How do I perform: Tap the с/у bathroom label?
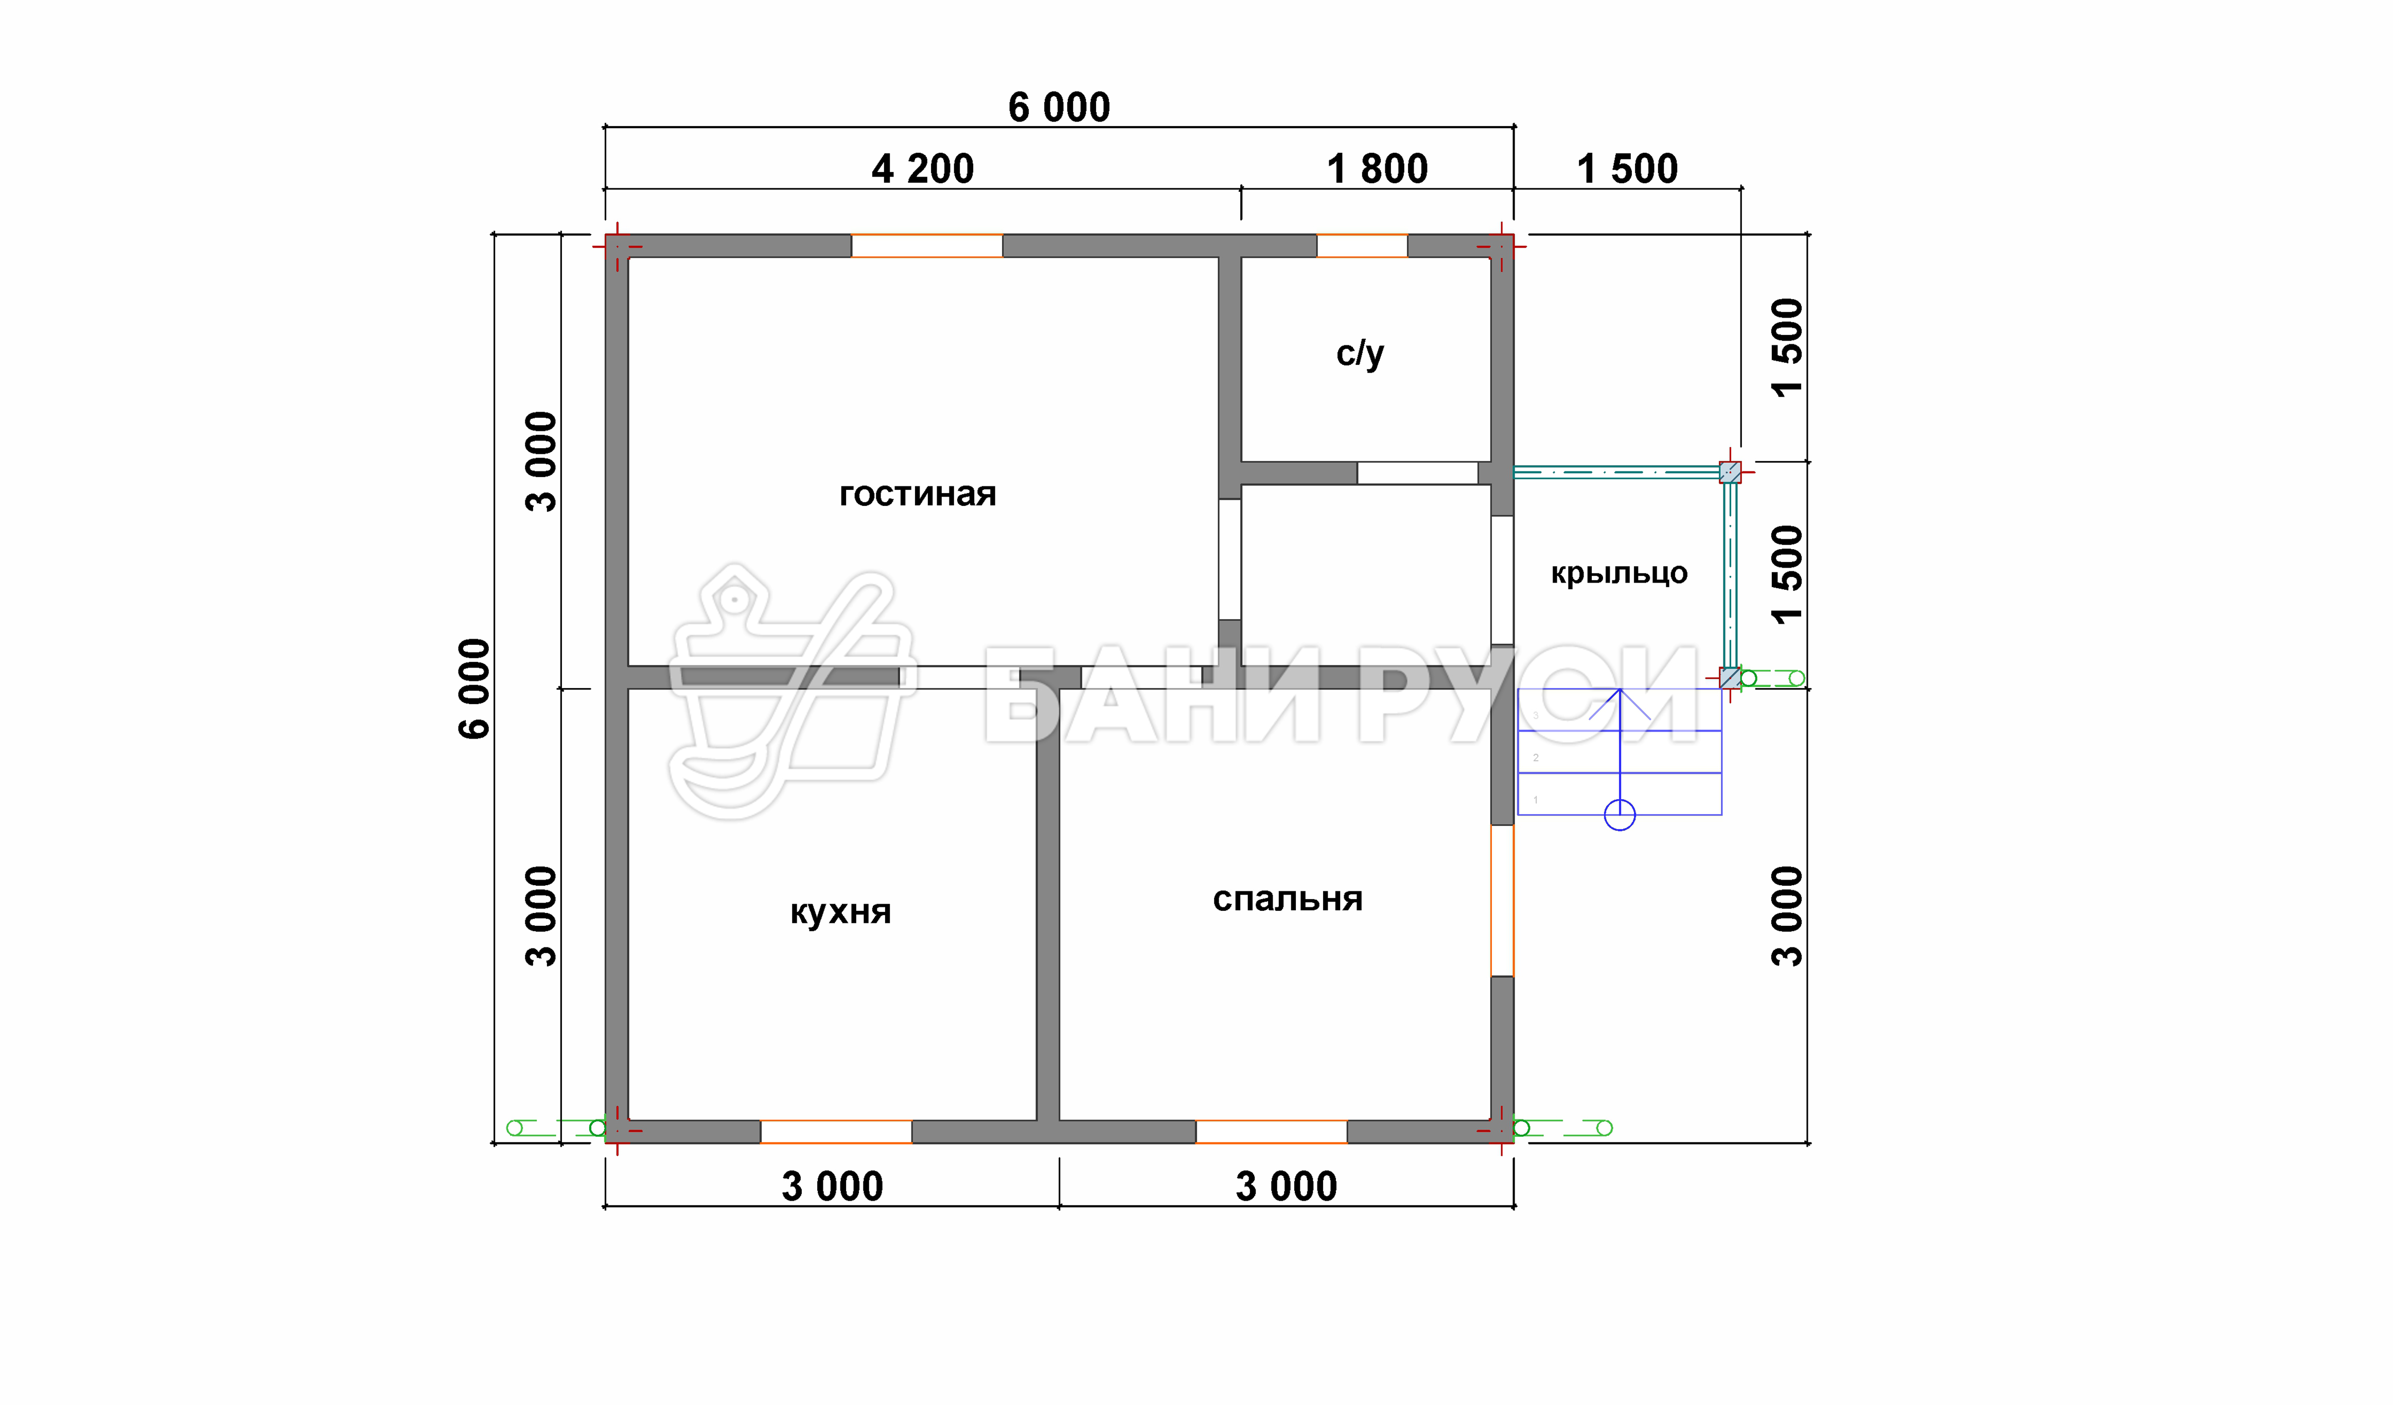point(1360,354)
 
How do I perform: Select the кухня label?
point(840,912)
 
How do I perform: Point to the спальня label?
point(1288,899)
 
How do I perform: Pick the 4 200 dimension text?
point(923,169)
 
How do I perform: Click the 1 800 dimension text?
point(1377,169)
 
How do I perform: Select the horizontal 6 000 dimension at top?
point(1059,108)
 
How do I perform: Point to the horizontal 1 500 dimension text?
point(1628,169)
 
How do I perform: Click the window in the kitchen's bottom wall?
point(836,1131)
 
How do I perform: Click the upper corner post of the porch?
point(1730,472)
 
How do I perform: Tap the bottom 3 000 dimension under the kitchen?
point(832,1186)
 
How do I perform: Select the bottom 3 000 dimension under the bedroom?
point(1286,1186)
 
